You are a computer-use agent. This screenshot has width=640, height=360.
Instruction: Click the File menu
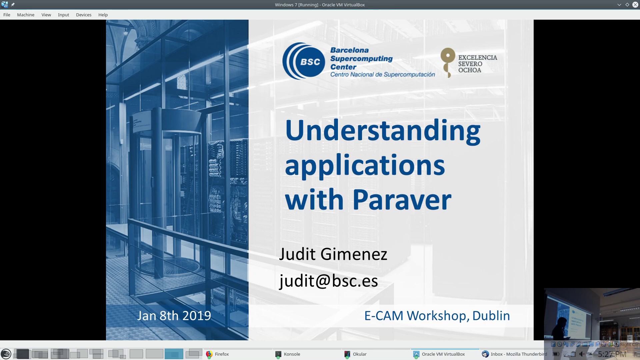pos(7,15)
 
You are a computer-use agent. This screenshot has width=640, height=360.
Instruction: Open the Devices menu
pos(83,15)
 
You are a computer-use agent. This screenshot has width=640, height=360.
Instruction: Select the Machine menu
pos(26,15)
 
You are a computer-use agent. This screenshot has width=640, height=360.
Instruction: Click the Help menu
pos(103,15)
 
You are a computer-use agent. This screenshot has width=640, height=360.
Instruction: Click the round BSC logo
pos(304,61)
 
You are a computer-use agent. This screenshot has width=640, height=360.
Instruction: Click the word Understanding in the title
pos(382,131)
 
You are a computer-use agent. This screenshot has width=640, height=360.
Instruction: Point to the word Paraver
pos(402,200)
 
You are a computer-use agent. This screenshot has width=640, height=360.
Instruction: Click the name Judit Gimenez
pos(333,254)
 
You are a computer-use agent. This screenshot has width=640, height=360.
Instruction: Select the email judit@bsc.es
pos(328,281)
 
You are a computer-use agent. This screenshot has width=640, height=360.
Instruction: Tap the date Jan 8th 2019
pos(174,316)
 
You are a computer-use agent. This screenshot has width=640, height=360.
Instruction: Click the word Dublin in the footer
pos(491,316)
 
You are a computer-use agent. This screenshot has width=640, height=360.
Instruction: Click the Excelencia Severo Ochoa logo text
pos(477,64)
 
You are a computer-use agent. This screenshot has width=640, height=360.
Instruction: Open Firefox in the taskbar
pos(222,354)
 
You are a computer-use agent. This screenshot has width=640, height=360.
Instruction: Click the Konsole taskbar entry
pos(292,354)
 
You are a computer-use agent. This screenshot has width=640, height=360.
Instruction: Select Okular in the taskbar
pos(359,354)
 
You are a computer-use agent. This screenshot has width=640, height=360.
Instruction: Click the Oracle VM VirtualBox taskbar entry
pos(443,354)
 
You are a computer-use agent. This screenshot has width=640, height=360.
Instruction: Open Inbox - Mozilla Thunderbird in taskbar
pos(518,354)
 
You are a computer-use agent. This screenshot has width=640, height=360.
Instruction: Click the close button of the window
pos(635,5)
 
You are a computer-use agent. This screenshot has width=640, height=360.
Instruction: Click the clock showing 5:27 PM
pos(612,354)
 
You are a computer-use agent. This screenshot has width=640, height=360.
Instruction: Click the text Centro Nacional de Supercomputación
pos(382,75)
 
